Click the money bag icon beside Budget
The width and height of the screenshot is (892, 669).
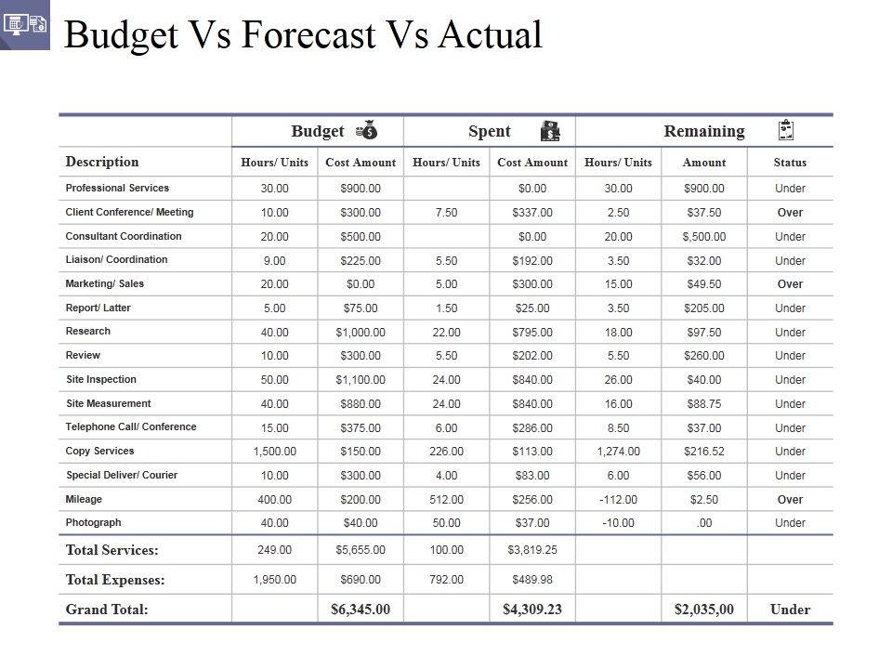pos(366,131)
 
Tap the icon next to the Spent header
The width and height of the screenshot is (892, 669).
pos(550,131)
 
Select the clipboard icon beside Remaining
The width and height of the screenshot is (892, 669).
pos(785,131)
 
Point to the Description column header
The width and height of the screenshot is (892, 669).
pos(102,162)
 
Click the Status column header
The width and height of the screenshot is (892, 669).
pos(790,163)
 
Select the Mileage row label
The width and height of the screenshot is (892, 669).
pos(85,499)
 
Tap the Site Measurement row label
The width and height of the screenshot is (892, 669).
pos(109,403)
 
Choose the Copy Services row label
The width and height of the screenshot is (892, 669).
pos(100,452)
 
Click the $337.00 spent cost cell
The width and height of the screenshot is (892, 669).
pos(532,213)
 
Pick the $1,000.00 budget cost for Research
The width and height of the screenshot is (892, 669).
pos(361,332)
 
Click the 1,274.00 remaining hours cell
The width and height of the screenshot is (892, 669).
pos(619,452)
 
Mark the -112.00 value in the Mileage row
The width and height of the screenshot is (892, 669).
pos(619,499)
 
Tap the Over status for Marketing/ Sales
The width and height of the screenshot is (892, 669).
pos(790,284)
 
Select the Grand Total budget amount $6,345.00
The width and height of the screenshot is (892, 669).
pos(361,610)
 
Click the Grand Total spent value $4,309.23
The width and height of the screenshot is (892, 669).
pos(532,610)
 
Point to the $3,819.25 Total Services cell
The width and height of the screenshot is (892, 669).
pos(532,550)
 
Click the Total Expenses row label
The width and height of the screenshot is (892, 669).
pos(115,580)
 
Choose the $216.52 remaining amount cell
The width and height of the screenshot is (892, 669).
pos(704,452)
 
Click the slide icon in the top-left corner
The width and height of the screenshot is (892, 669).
pos(25,25)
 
